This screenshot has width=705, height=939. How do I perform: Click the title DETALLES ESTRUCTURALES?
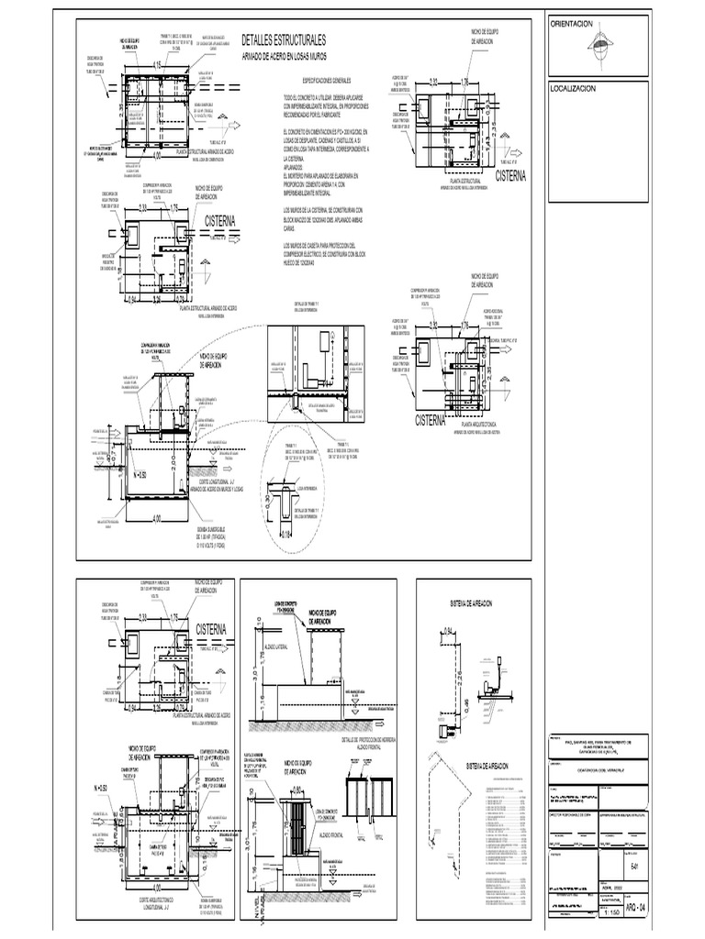pos(283,41)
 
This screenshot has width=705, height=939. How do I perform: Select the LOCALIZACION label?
pos(573,88)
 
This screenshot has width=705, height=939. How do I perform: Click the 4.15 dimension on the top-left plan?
pos(157,65)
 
